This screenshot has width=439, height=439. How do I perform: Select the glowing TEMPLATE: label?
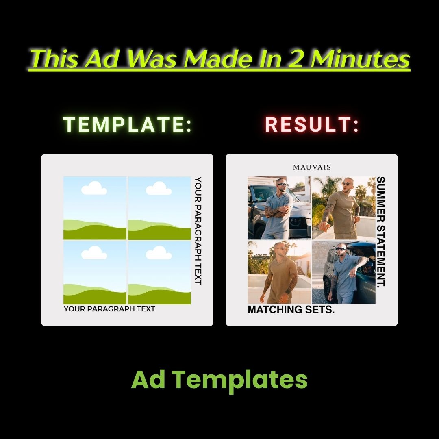[128, 124]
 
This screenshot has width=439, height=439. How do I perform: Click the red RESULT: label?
[312, 124]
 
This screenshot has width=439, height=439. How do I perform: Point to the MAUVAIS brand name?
[312, 167]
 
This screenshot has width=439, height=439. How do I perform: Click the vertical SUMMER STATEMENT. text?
[381, 232]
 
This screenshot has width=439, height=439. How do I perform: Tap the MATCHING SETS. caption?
[291, 309]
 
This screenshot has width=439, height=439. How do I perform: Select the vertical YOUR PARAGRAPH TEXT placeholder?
[198, 231]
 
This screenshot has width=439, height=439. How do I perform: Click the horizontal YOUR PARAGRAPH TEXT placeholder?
[109, 309]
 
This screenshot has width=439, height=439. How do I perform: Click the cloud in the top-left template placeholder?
[94, 188]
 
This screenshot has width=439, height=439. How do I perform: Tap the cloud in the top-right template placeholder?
[159, 188]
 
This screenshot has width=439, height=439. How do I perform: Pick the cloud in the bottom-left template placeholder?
[94, 252]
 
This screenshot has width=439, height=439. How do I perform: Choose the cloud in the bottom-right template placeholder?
[159, 252]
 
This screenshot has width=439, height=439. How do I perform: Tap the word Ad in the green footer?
[148, 379]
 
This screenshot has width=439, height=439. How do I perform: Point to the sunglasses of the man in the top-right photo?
[346, 184]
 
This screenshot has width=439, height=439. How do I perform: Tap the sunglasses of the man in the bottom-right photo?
[340, 249]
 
